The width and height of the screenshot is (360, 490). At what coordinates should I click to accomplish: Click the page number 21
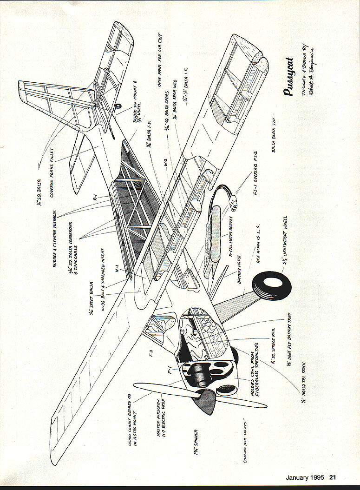(333, 477)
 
